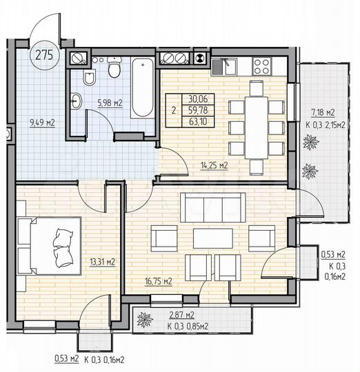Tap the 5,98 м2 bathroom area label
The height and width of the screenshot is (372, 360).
pyautogui.click(x=110, y=103)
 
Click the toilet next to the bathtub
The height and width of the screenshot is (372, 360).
pyautogui.click(x=114, y=70)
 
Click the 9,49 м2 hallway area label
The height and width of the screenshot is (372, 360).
pyautogui.click(x=42, y=123)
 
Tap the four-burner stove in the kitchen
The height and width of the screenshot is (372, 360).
pyautogui.click(x=262, y=66)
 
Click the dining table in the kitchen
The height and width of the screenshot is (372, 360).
pyautogui.click(x=257, y=127)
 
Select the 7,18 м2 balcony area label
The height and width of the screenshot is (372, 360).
pyautogui.click(x=323, y=112)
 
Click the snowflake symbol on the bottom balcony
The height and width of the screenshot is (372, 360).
pyautogui.click(x=146, y=320)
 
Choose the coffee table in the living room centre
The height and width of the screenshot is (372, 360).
pyautogui.click(x=212, y=238)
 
